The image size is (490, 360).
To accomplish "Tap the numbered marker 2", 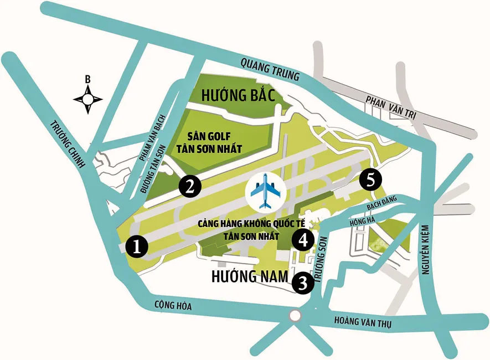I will click(x=189, y=186).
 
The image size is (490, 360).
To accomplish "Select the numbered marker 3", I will click(x=303, y=283).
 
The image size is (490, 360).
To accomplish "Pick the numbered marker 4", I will click(x=303, y=240).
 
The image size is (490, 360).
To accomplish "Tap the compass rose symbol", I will click(x=87, y=99).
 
